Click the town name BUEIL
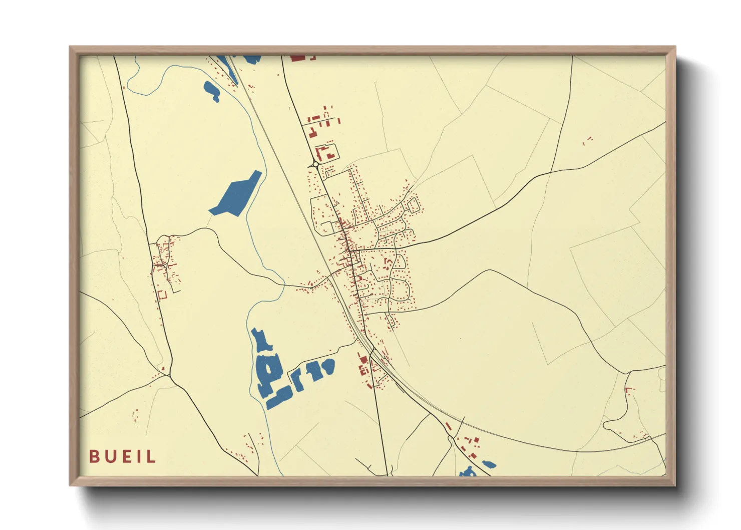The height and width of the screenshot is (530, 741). (123, 456)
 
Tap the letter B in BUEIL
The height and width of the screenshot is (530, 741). (94, 456)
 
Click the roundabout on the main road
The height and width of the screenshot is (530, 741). (315, 164)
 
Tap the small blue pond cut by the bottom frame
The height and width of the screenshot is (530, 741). (468, 472)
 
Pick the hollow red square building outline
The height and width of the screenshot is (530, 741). (162, 295)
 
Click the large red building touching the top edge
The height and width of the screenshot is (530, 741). (298, 58)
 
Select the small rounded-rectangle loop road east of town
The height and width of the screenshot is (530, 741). (413, 205)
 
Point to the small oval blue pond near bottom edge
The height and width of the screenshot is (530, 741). (488, 464)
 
